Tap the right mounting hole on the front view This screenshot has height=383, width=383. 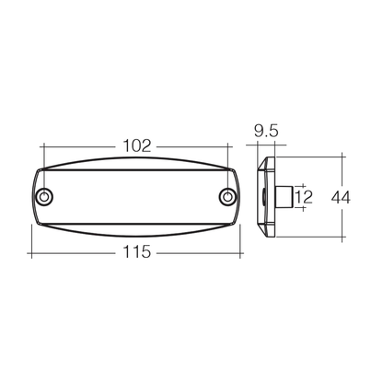click(228, 198)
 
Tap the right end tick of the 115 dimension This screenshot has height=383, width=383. click(241, 251)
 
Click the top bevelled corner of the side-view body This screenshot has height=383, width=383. click(266, 161)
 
